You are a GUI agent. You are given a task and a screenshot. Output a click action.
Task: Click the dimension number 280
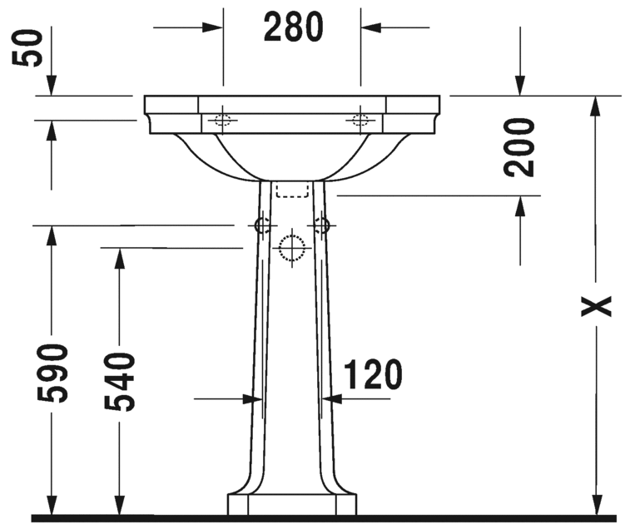(293, 27)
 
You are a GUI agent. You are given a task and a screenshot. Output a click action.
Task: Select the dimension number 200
(520, 147)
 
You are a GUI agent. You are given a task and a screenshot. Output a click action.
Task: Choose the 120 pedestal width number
(370, 375)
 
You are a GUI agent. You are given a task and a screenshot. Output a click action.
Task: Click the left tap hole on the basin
(221, 119)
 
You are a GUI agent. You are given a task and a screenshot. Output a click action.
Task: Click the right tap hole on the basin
(360, 119)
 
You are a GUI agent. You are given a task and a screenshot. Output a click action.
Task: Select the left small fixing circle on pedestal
(261, 225)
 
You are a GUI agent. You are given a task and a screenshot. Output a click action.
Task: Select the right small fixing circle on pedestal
(321, 225)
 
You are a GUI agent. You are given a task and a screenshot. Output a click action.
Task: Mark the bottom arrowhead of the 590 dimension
(52, 505)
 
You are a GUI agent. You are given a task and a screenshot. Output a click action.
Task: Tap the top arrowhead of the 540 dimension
(119, 258)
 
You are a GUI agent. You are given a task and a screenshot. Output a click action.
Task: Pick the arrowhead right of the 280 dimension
(370, 27)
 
